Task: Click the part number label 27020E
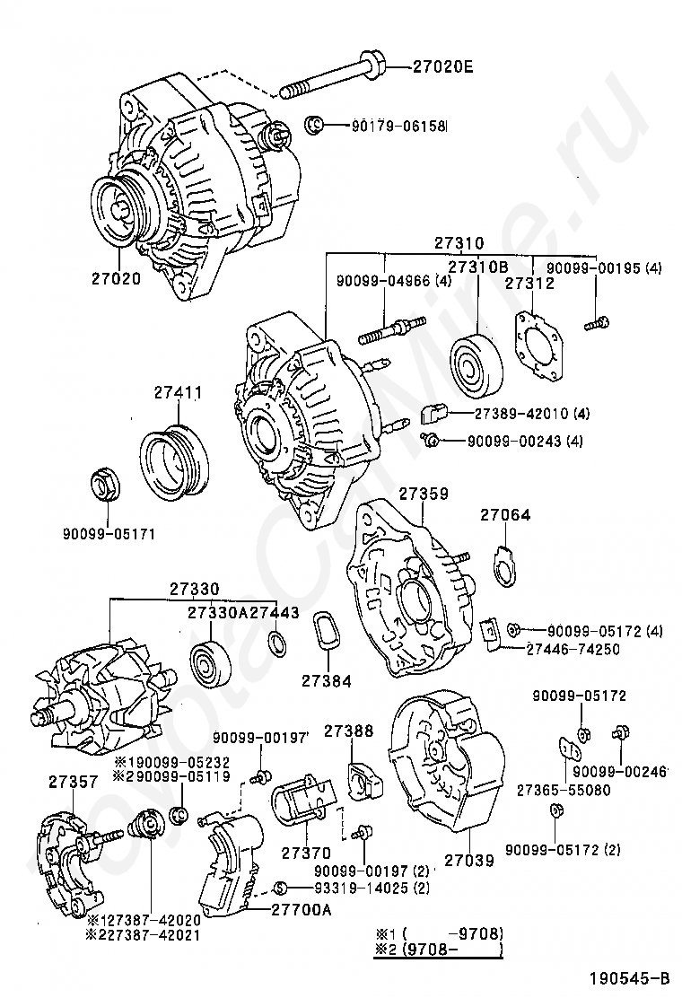point(443,66)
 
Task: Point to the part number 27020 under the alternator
point(116,279)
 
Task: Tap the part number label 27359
point(424,494)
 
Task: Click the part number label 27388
point(348,731)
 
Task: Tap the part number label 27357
point(73,782)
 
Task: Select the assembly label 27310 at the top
point(459,242)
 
